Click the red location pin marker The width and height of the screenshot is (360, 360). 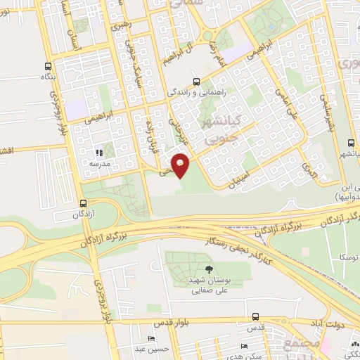pyautogui.click(x=181, y=165)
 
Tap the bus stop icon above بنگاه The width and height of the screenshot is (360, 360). pyautogui.click(x=49, y=62)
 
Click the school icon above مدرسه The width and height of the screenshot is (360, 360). pyautogui.click(x=100, y=152)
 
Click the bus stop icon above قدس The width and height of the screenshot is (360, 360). pyautogui.click(x=256, y=317)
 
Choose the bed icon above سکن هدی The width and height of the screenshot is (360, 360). pyautogui.click(x=243, y=346)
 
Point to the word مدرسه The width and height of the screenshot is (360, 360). pyautogui.click(x=100, y=162)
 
